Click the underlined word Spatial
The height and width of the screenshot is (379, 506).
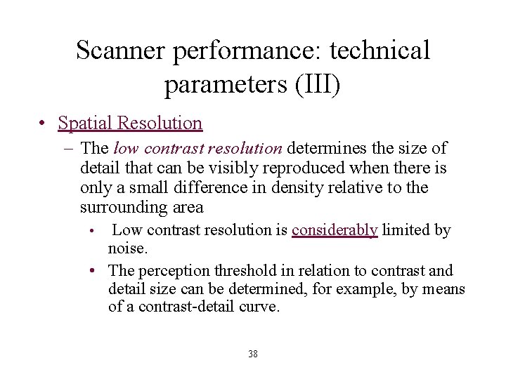pyautogui.click(x=86, y=124)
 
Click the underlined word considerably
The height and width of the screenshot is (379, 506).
pyautogui.click(x=335, y=230)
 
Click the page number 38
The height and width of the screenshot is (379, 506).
pyautogui.click(x=253, y=354)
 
